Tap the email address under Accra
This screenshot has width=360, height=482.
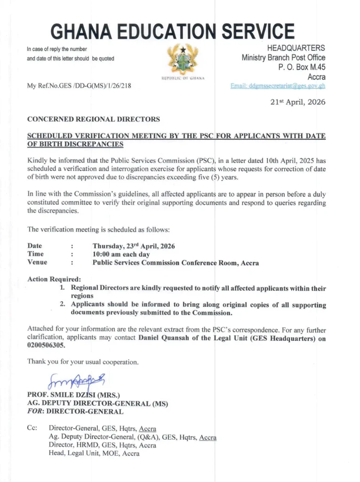(278, 86)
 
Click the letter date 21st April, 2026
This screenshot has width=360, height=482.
(299, 102)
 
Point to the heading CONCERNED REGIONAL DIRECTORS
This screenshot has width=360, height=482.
(94, 119)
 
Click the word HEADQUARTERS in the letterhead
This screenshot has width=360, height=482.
(296, 48)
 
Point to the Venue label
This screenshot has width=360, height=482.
(37, 263)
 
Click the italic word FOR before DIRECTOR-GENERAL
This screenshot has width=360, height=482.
(35, 411)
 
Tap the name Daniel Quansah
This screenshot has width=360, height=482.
(167, 338)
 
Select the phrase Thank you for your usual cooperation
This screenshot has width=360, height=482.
(83, 362)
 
